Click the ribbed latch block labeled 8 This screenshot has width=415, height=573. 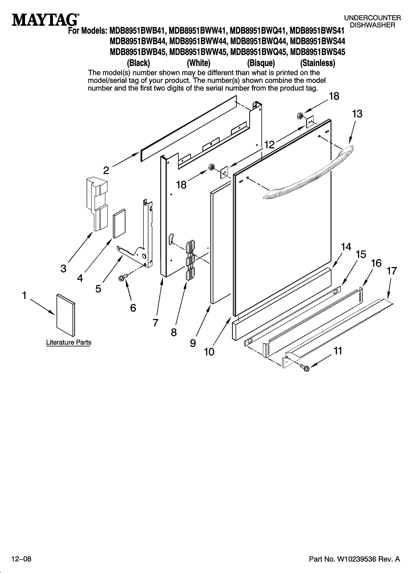click(x=190, y=260)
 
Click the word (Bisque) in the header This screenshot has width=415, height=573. click(x=261, y=63)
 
